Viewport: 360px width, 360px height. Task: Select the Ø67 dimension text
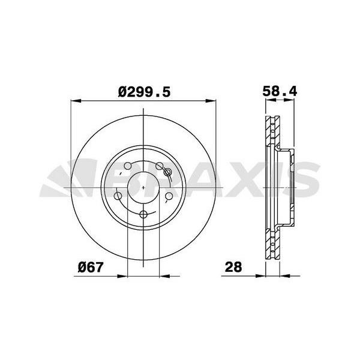[x=92, y=267]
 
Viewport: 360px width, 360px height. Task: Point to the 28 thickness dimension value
[x=233, y=267]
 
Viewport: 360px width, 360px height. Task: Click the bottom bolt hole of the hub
[x=143, y=215]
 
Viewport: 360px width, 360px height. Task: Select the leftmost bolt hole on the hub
[x=118, y=196]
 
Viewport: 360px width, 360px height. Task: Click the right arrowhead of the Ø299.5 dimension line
[x=213, y=101]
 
